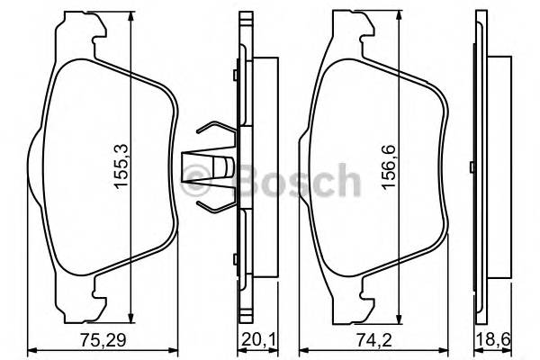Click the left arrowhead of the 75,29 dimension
point(31,349)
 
